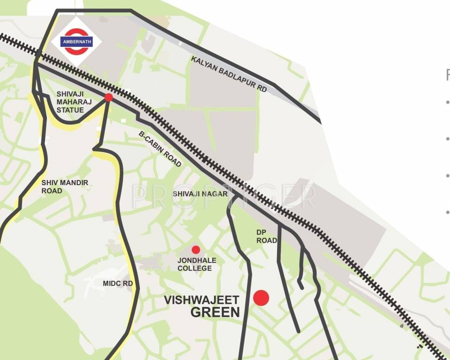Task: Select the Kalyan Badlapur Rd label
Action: (229, 74)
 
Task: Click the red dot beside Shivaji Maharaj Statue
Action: (109, 97)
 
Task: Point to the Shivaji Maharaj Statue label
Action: (70, 102)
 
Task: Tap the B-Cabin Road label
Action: (160, 149)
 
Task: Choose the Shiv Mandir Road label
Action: (65, 187)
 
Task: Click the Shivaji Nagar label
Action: (200, 194)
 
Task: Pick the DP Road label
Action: (266, 236)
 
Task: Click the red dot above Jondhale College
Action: (195, 249)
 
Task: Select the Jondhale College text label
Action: (195, 264)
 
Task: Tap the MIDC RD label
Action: (118, 284)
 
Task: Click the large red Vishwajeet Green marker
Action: (261, 298)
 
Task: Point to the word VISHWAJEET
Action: (202, 300)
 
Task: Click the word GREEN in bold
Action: (215, 312)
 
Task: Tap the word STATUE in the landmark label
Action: (70, 110)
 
